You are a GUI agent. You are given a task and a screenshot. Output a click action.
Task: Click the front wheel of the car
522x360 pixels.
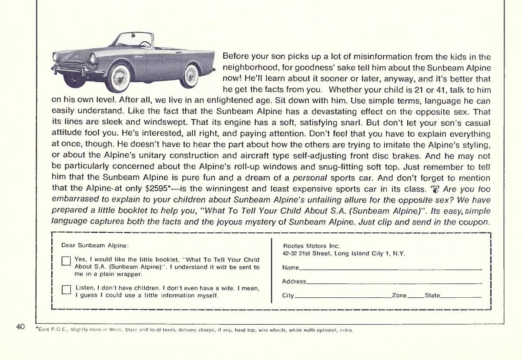point(118,77)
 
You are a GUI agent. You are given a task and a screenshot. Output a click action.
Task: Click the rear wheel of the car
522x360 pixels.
point(191,76)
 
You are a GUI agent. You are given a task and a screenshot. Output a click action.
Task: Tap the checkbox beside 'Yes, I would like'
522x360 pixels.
point(66,261)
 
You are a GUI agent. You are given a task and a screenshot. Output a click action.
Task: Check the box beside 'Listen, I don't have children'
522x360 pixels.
point(66,290)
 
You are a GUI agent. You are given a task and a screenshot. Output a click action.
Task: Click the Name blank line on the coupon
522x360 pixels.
point(390,269)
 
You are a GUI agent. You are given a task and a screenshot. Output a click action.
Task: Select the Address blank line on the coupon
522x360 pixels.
point(394,283)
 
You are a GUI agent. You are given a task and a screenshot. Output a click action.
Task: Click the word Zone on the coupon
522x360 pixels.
point(399,296)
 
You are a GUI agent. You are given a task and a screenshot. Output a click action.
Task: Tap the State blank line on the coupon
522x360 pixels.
point(461,297)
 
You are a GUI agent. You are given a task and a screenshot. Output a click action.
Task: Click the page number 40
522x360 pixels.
point(20,326)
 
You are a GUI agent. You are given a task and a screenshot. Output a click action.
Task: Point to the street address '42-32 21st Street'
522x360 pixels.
point(307,253)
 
